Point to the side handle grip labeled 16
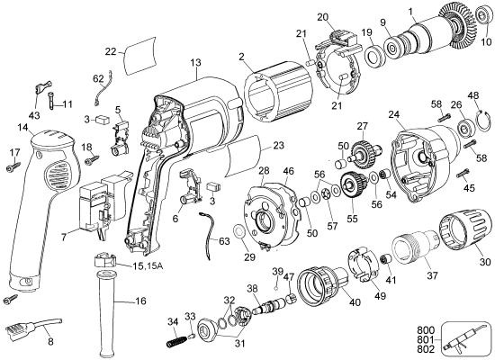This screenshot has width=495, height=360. point(106,310)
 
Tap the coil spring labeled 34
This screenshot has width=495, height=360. point(179,339)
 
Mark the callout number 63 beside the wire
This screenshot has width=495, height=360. point(226,239)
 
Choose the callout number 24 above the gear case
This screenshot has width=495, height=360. point(394,113)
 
